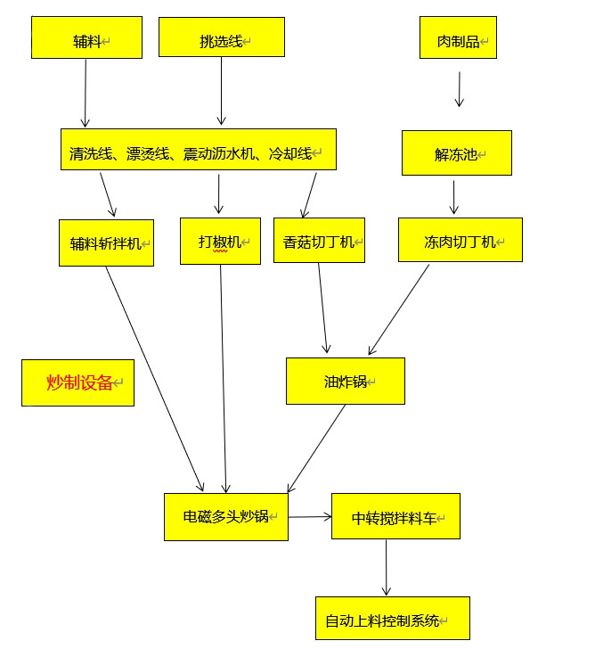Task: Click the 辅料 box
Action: pos(86,38)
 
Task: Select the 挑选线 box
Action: pos(221,37)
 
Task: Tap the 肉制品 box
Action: pos(458,38)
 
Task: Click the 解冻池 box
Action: pos(456,153)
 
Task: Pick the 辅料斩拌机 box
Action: pos(106,242)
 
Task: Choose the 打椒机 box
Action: pos(220,241)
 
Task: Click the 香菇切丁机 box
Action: pos(319,241)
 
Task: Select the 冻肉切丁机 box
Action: pos(460,240)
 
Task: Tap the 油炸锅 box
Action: pos(345,382)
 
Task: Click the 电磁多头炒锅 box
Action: pos(225,516)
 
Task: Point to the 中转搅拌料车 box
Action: pos(395,517)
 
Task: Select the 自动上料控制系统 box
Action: pos(392,620)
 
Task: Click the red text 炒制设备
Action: pos(79,382)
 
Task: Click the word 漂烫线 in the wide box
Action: pos(148,153)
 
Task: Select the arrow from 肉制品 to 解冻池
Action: pos(459,89)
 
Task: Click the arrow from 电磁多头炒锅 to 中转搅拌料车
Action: pos(310,516)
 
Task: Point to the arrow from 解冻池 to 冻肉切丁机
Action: pos(454,197)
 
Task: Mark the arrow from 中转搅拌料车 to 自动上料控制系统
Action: pos(386,568)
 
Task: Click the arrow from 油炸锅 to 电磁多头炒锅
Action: pos(316,449)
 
